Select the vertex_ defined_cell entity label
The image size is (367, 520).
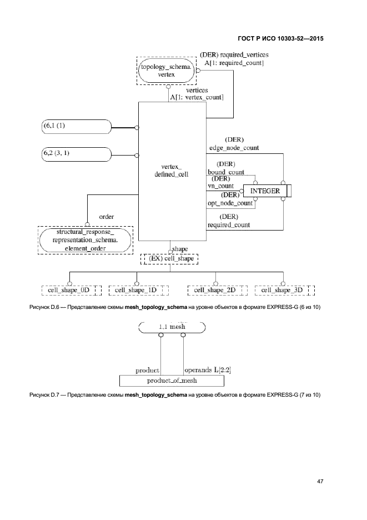(x=172, y=170)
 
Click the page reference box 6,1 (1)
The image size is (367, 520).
(x=76, y=127)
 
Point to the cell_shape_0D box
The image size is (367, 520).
(x=69, y=291)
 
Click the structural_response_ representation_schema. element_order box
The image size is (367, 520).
(x=86, y=239)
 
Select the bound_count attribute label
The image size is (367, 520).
(x=226, y=172)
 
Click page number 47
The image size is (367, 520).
(x=320, y=481)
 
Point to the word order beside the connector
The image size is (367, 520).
(x=107, y=216)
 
